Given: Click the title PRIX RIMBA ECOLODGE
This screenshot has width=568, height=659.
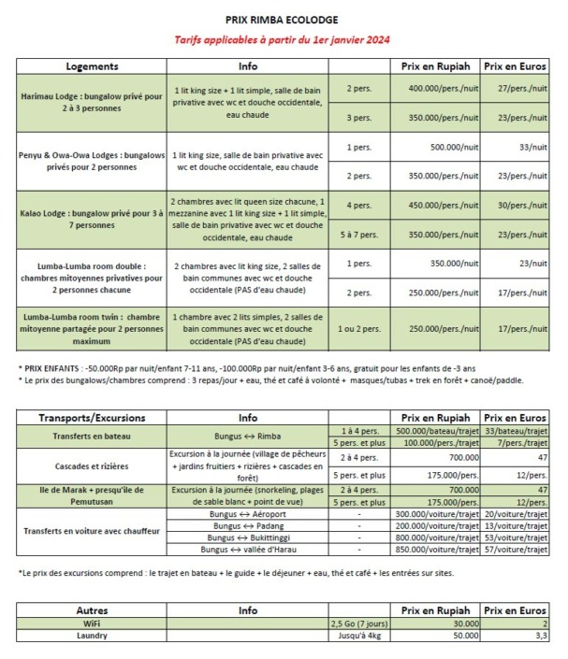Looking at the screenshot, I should [x=283, y=19].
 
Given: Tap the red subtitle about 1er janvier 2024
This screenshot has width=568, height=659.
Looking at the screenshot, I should [x=283, y=40].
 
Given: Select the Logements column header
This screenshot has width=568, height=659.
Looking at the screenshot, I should [x=92, y=67].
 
